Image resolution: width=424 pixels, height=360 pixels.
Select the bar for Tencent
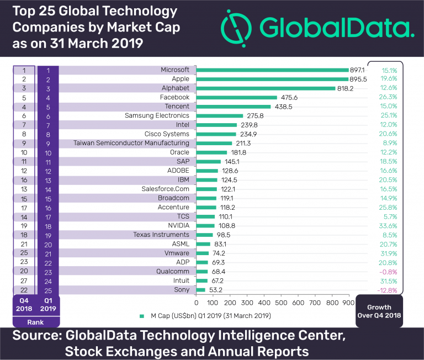[234, 107]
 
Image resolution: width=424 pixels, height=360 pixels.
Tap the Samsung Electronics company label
[157, 116]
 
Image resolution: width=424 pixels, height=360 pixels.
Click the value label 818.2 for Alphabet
[347, 88]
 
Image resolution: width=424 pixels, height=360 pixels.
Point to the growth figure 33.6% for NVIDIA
[389, 226]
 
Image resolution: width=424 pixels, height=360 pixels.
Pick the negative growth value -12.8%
[389, 290]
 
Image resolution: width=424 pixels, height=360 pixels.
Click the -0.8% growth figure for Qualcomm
[389, 272]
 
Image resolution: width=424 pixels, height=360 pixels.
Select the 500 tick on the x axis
[281, 302]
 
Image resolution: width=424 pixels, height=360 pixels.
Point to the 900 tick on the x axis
[349, 302]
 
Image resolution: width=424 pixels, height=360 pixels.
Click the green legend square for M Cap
[142, 316]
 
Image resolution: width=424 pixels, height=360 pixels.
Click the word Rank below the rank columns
[35, 321]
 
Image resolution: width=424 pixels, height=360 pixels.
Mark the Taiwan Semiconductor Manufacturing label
[131, 143]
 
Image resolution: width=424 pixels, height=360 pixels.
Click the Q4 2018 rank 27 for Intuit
[23, 280]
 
